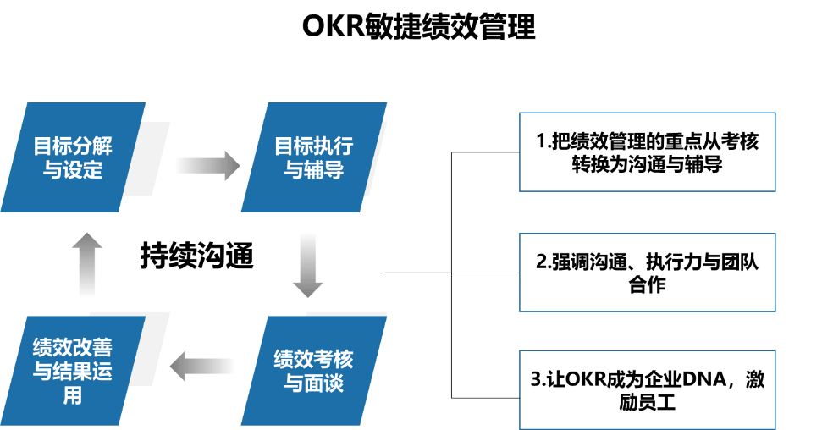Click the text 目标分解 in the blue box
click(x=72, y=146)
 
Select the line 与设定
click(x=72, y=170)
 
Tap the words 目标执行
click(x=313, y=146)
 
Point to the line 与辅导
click(x=313, y=170)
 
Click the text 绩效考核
click(x=313, y=359)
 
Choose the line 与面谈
click(x=313, y=383)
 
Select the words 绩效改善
click(x=72, y=348)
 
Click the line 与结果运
click(x=72, y=372)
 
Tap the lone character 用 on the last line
click(x=72, y=395)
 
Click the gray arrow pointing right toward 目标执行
click(x=207, y=166)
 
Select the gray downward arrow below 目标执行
click(x=307, y=265)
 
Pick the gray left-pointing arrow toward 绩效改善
click(x=201, y=367)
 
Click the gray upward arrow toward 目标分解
click(x=86, y=264)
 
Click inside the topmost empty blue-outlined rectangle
click(x=647, y=152)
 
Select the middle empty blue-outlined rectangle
click(x=647, y=273)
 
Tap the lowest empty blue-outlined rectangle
click(x=647, y=389)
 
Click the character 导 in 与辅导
click(x=334, y=170)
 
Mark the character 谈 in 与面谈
click(x=334, y=383)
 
